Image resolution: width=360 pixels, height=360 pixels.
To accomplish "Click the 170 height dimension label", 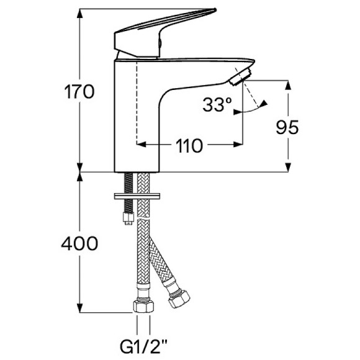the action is [79, 92].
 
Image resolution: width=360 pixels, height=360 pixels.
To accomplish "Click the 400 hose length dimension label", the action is [79, 243].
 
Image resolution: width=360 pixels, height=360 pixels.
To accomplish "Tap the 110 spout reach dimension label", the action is [189, 146].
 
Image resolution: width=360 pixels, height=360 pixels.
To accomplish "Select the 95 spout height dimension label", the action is [287, 127].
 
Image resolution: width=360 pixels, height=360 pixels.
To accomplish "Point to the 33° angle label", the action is [217, 105].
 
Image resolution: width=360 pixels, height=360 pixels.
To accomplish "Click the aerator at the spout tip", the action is [241, 76].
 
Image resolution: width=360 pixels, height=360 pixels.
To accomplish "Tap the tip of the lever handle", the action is [215, 9].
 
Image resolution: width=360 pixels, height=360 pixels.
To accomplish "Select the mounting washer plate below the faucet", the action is [137, 196].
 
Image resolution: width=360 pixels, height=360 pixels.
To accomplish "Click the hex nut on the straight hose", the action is [143, 306].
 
